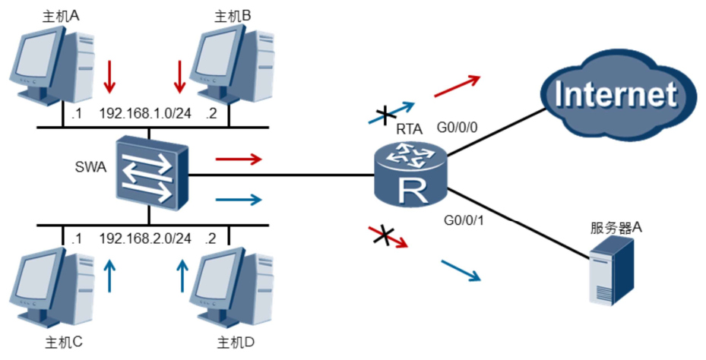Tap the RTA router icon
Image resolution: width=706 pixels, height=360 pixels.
[x=412, y=176]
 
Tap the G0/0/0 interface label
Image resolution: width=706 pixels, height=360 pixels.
[x=460, y=127]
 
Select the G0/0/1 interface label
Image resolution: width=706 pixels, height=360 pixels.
[x=464, y=222]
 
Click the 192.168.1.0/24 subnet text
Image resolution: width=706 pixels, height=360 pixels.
[x=145, y=114]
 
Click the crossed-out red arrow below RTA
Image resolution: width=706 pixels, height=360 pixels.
[x=388, y=236]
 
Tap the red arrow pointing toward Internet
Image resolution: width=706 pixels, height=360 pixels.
[x=457, y=87]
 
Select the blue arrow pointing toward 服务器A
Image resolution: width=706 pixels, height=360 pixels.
[x=461, y=270]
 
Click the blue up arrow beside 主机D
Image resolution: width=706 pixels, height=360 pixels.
[x=182, y=276]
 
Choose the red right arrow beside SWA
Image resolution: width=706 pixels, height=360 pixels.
[x=239, y=159]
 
